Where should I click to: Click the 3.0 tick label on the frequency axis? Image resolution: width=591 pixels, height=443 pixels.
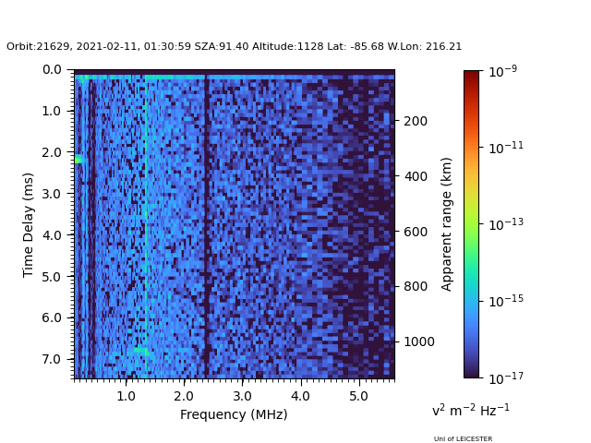[x=241, y=396]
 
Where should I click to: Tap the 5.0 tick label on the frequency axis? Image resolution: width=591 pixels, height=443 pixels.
[x=357, y=396]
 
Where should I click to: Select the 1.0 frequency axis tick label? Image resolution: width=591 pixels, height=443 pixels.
[x=126, y=396]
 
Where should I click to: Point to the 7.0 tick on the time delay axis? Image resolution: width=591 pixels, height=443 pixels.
[x=52, y=359]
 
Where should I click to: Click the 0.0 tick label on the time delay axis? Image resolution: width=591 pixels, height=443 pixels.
[x=52, y=69]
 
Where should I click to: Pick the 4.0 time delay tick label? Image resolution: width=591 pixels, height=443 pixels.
[x=52, y=235]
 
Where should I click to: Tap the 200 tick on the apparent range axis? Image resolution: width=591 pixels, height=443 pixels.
[x=415, y=121]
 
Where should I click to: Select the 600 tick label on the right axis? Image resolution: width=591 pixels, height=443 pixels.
[x=415, y=232]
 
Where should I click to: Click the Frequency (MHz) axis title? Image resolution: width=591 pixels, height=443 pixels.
[x=234, y=414]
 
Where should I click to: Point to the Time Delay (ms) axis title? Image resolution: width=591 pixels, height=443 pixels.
[x=29, y=224]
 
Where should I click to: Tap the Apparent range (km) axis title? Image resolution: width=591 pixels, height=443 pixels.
[x=447, y=223]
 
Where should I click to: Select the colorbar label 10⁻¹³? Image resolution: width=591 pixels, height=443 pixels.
[x=503, y=223]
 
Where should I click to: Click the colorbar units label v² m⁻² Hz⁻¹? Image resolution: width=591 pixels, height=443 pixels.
[x=470, y=410]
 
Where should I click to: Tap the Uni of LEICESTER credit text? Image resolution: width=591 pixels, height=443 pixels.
[x=463, y=439]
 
